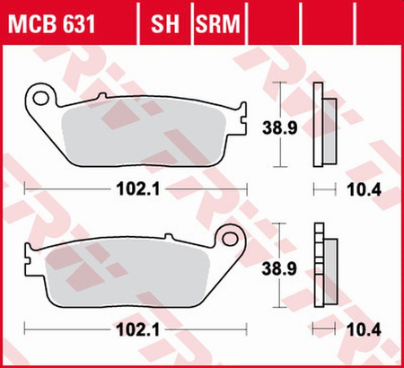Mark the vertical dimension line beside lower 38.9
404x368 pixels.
(285, 267)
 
